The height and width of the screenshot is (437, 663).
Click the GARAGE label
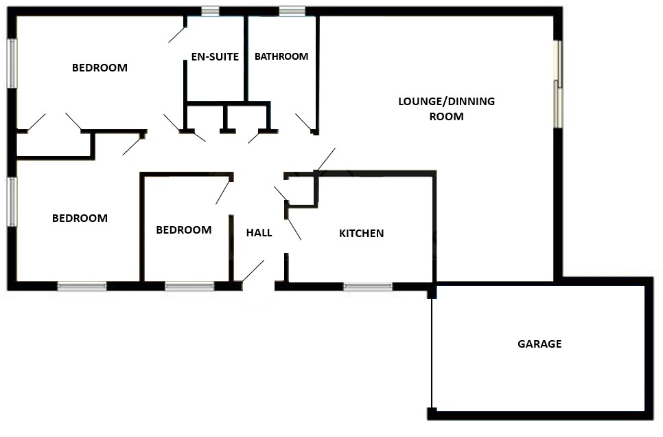(539, 344)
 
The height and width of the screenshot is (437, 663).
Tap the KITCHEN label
(362, 234)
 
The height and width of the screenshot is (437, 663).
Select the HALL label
(259, 232)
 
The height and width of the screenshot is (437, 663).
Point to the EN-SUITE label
(215, 57)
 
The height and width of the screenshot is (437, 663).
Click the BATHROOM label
(281, 56)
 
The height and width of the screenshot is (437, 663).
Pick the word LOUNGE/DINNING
(447, 102)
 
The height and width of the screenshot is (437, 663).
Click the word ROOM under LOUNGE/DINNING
(447, 116)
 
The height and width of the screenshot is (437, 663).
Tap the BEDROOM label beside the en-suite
(100, 68)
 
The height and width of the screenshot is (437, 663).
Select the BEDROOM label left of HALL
(184, 230)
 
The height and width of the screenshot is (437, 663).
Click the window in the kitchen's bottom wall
(368, 287)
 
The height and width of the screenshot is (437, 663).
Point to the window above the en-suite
(210, 11)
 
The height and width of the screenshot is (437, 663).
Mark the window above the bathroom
(292, 11)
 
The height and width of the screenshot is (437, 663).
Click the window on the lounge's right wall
(559, 84)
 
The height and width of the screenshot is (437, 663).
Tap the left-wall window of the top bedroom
(12, 63)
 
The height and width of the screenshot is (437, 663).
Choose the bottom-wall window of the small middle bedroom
(190, 287)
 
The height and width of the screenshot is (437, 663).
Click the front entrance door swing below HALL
(253, 271)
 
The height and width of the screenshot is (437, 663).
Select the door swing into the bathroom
(305, 122)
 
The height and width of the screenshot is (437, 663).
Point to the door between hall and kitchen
(294, 229)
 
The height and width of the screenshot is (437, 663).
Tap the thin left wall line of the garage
(432, 352)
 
